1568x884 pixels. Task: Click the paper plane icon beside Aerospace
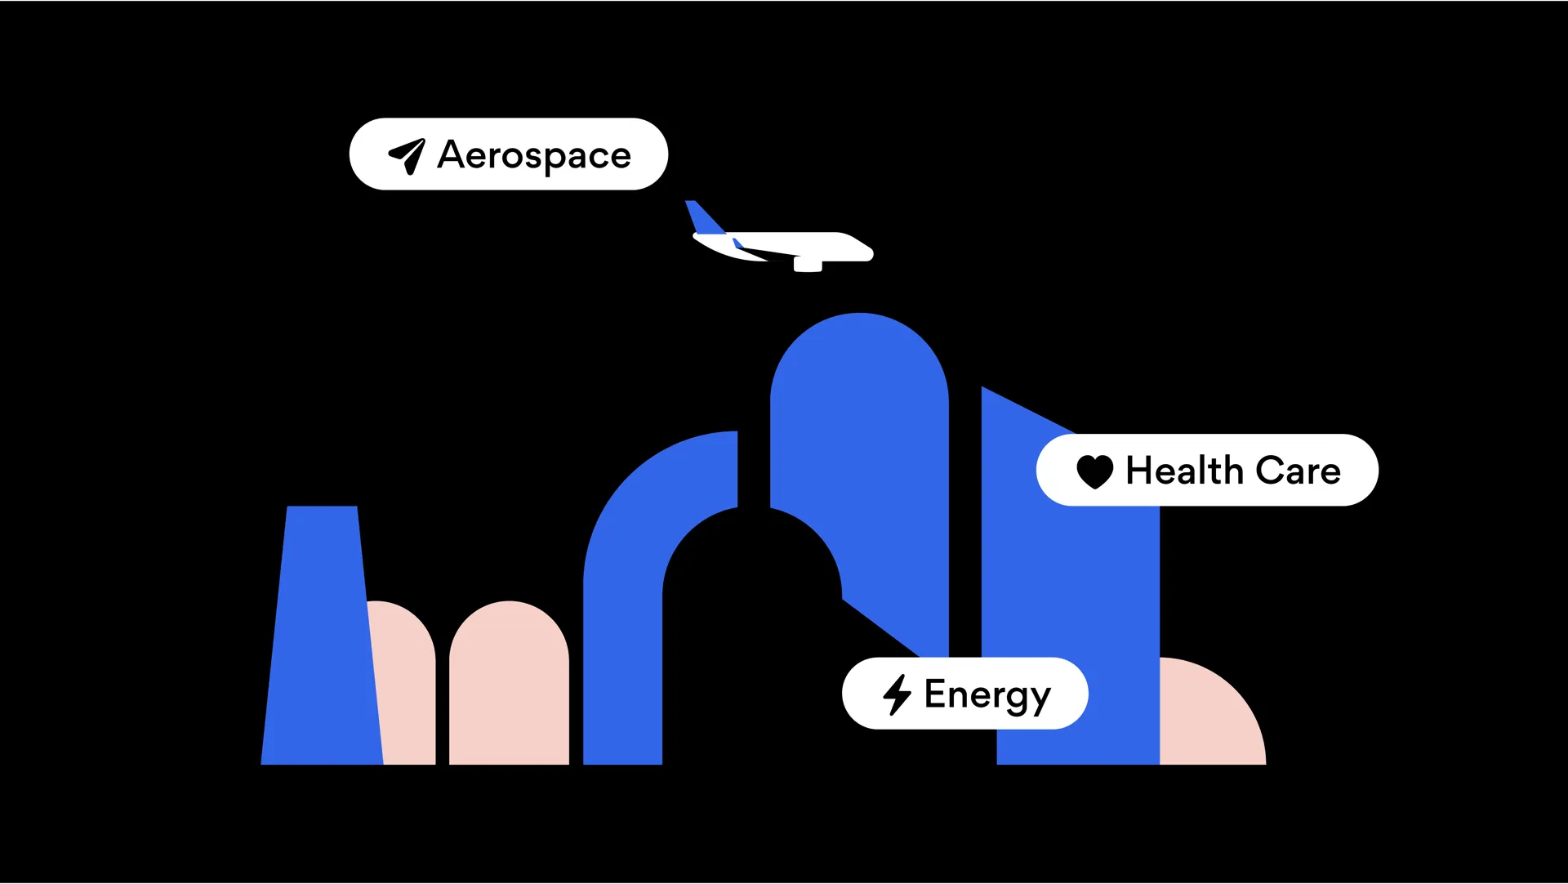(407, 155)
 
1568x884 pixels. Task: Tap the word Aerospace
(534, 155)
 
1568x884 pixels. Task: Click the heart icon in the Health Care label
(1094, 471)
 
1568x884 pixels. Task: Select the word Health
(1184, 471)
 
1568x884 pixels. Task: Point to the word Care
(1298, 471)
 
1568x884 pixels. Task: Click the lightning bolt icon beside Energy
(897, 694)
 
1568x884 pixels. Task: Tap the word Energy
(987, 695)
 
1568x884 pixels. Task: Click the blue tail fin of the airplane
(703, 217)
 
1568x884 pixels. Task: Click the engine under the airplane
(807, 264)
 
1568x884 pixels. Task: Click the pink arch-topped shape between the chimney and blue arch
(509, 686)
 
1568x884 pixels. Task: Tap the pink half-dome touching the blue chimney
(405, 686)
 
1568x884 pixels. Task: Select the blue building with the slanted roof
(1070, 588)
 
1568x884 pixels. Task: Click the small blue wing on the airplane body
(737, 243)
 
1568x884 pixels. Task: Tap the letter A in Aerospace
(452, 154)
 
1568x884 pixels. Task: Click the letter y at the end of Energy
(1040, 699)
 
